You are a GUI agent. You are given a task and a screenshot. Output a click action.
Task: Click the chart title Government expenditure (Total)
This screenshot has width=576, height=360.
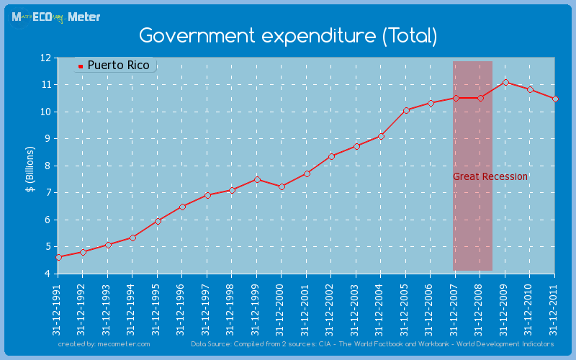click(288, 35)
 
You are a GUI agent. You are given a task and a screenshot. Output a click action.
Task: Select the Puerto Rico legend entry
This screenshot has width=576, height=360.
click(114, 66)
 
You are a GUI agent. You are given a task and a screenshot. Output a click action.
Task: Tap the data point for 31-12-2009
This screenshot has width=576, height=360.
click(505, 82)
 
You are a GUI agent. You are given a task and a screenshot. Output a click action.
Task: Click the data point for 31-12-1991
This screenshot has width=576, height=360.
click(58, 257)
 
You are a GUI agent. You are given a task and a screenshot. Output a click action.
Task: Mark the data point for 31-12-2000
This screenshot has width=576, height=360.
click(282, 186)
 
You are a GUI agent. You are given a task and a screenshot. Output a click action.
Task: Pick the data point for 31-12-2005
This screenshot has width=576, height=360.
click(406, 110)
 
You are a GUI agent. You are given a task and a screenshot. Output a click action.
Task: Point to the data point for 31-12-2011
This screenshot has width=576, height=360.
click(555, 99)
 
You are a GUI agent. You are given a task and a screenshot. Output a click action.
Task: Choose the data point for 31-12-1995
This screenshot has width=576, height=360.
click(158, 220)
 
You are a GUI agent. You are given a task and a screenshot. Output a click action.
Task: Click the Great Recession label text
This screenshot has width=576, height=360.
click(490, 176)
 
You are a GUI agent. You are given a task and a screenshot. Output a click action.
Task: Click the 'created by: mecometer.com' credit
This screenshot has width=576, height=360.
click(104, 344)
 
